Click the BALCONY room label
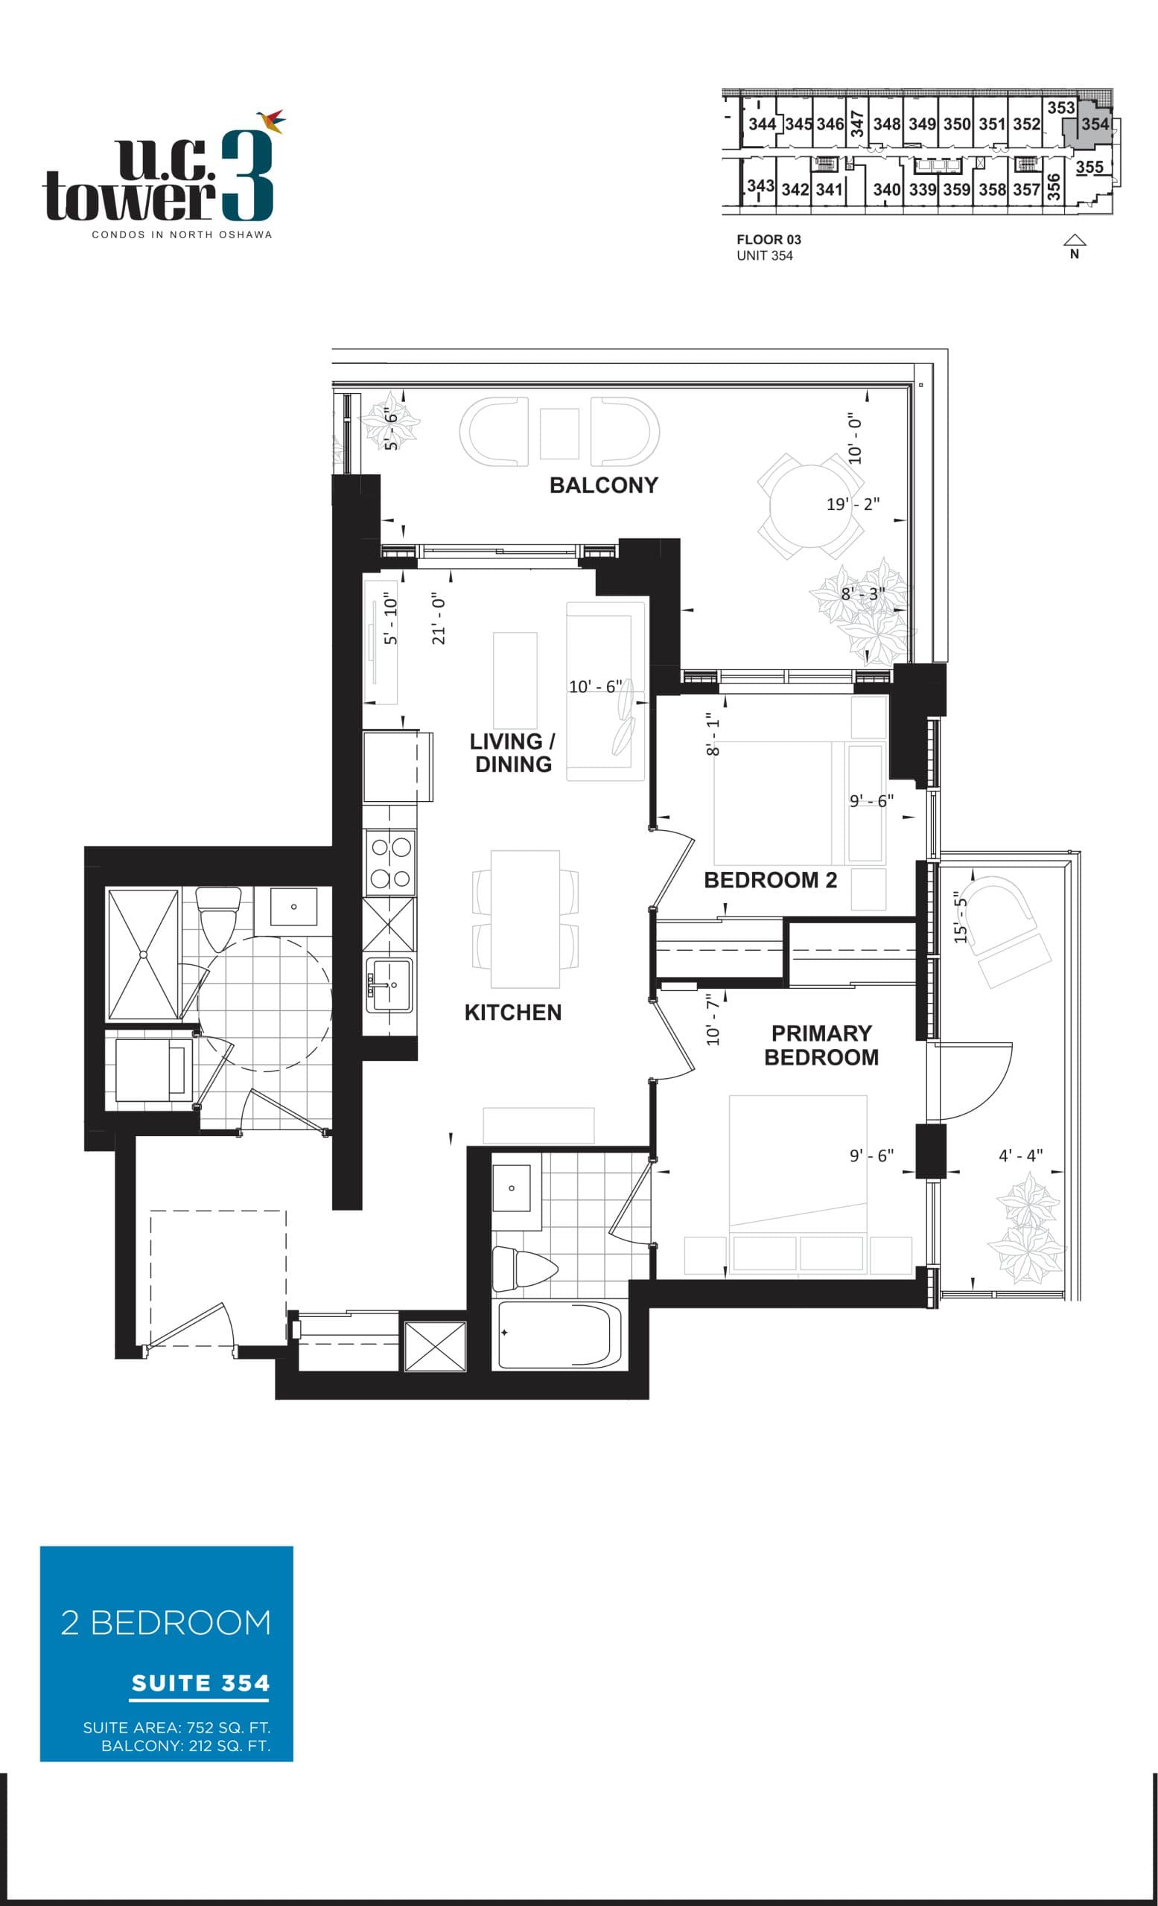coord(603,485)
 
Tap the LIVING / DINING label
coord(512,753)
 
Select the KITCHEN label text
coord(513,1012)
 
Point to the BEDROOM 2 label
coord(770,879)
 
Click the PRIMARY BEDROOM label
coord(821,1045)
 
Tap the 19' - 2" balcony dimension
coord(853,504)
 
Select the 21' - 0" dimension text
coord(439,619)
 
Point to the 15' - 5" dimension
coord(960,917)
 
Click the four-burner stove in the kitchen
coord(390,862)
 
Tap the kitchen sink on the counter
coord(389,985)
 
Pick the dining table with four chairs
coord(525,919)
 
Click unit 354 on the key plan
coord(1094,124)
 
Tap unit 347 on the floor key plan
coord(857,124)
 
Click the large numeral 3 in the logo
coord(246,176)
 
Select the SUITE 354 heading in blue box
coord(200,1683)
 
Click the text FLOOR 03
coord(768,240)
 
